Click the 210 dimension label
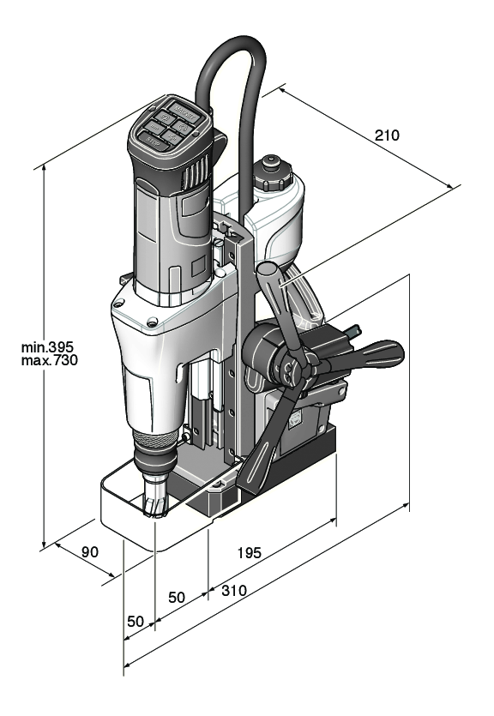pyautogui.click(x=388, y=135)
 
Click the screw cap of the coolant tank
pyautogui.click(x=274, y=173)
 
